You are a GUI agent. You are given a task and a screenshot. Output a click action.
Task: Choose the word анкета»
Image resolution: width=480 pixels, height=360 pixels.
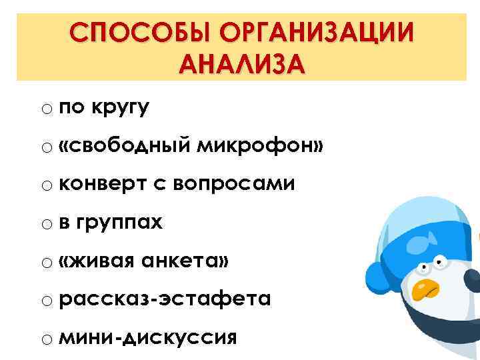pyautogui.click(x=186, y=261)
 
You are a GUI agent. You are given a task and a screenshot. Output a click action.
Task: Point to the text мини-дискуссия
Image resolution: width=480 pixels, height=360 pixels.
pyautogui.click(x=147, y=337)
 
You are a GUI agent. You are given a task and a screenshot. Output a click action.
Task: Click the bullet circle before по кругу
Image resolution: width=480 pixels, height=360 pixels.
pyautogui.click(x=45, y=109)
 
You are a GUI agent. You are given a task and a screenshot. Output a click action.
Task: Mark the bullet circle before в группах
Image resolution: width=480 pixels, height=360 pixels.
pyautogui.click(x=45, y=223)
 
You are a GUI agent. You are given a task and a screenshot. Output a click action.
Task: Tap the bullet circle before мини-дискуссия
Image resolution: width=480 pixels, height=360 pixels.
pyautogui.click(x=45, y=339)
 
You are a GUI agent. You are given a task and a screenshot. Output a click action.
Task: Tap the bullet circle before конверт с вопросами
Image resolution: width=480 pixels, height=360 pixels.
pyautogui.click(x=45, y=185)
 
